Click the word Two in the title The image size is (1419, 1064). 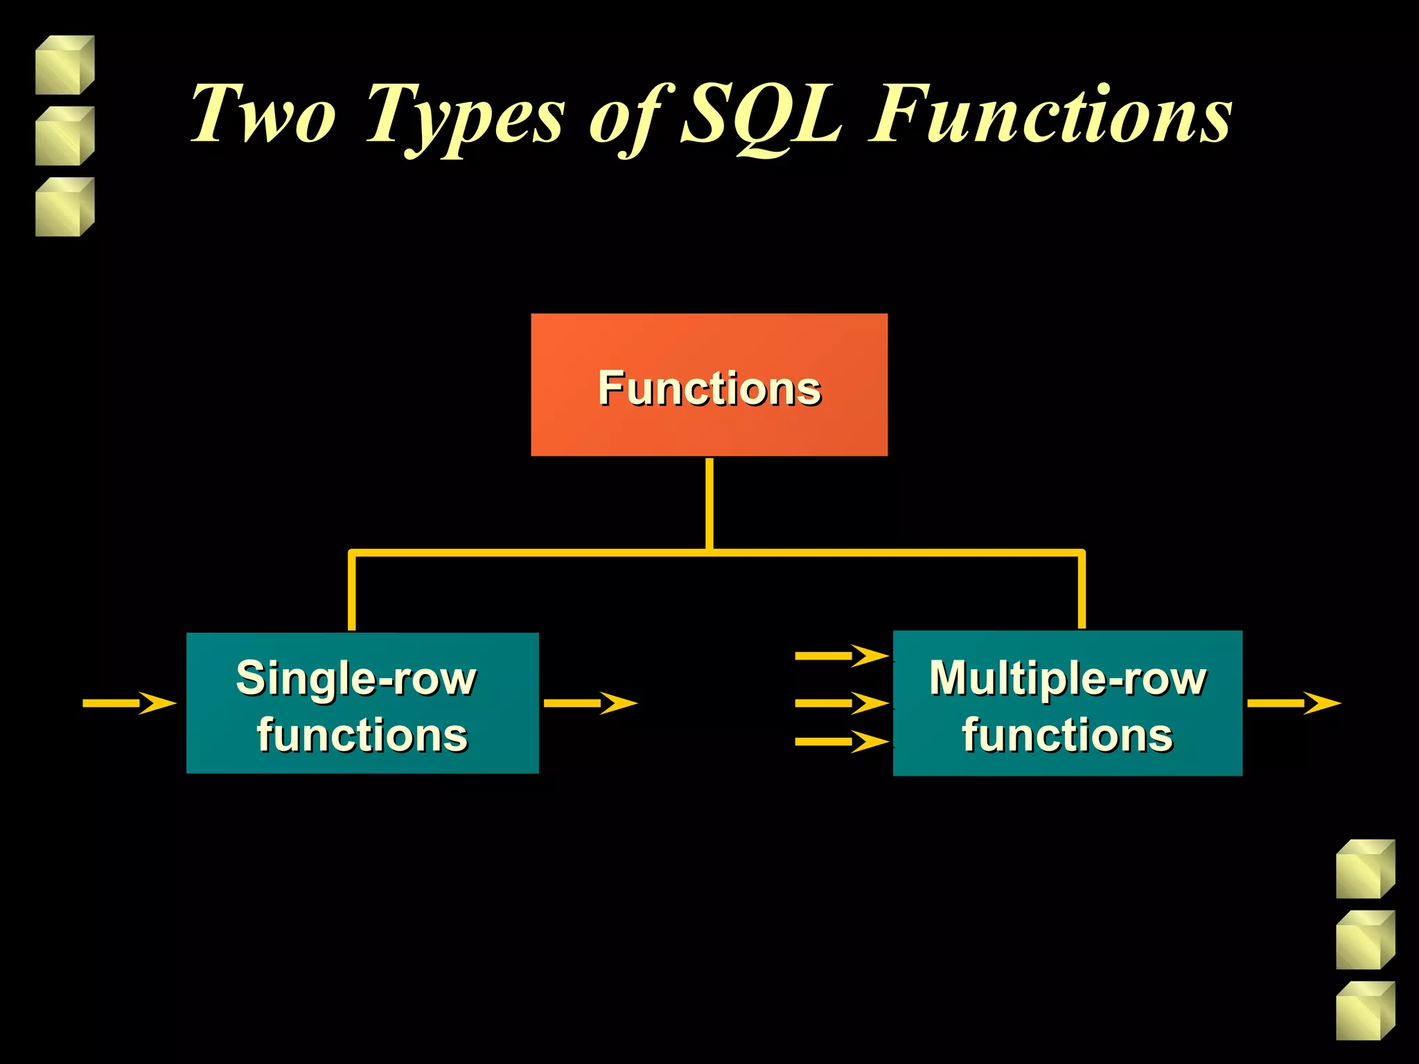(x=263, y=114)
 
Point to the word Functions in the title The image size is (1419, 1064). (x=1050, y=114)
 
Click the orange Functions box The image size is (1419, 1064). (x=709, y=385)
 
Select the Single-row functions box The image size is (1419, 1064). (x=362, y=703)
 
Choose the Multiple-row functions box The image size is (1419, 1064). (x=1067, y=703)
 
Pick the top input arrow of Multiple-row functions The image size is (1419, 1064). (x=841, y=655)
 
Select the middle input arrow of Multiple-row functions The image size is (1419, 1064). (x=841, y=703)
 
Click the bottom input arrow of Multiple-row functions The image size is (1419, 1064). (x=841, y=741)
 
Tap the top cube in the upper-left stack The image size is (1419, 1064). (x=64, y=65)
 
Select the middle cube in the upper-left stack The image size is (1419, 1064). (x=64, y=136)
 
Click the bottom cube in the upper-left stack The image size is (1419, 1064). (x=64, y=207)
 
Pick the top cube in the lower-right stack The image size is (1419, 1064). (x=1365, y=869)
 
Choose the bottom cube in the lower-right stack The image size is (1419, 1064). (x=1365, y=1011)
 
